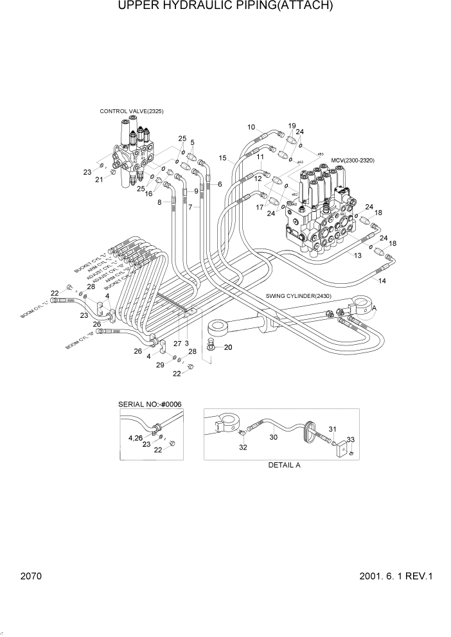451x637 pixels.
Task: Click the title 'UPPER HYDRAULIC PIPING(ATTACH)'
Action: (x=225, y=7)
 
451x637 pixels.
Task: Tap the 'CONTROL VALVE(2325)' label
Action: (x=131, y=111)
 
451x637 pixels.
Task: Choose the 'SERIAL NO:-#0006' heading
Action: (x=150, y=404)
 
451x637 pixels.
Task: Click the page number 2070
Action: (x=30, y=577)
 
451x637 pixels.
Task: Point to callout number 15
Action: (x=222, y=158)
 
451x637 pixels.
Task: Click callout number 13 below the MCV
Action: (x=358, y=255)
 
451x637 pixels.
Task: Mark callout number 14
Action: (x=382, y=281)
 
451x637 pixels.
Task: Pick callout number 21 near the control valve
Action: (x=99, y=180)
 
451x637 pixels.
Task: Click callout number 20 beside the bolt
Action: (x=227, y=347)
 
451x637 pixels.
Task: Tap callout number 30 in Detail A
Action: (x=273, y=437)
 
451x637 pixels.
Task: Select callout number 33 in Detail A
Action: (x=350, y=440)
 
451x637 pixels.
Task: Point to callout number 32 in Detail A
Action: (x=243, y=448)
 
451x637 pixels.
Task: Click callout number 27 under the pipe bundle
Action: (x=177, y=344)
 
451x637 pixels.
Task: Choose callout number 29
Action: (x=160, y=365)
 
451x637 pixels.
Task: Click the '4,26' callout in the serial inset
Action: (x=136, y=437)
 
